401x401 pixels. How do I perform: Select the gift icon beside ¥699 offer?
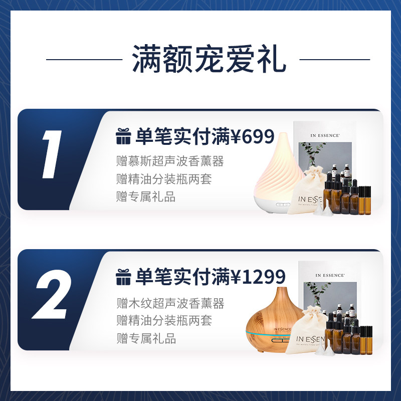(x=123, y=136)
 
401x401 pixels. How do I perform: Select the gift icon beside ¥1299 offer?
(x=123, y=277)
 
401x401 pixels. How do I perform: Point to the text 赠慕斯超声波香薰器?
(x=169, y=161)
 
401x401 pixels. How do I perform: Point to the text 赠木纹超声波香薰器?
(x=169, y=303)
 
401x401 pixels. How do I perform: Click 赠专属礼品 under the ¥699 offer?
(x=146, y=197)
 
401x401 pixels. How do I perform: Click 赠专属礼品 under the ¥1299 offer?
(x=146, y=338)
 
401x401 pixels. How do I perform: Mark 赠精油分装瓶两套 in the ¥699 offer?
(x=164, y=179)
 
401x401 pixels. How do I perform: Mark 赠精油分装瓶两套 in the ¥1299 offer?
(x=164, y=321)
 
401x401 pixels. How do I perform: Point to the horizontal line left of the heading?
(x=84, y=60)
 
